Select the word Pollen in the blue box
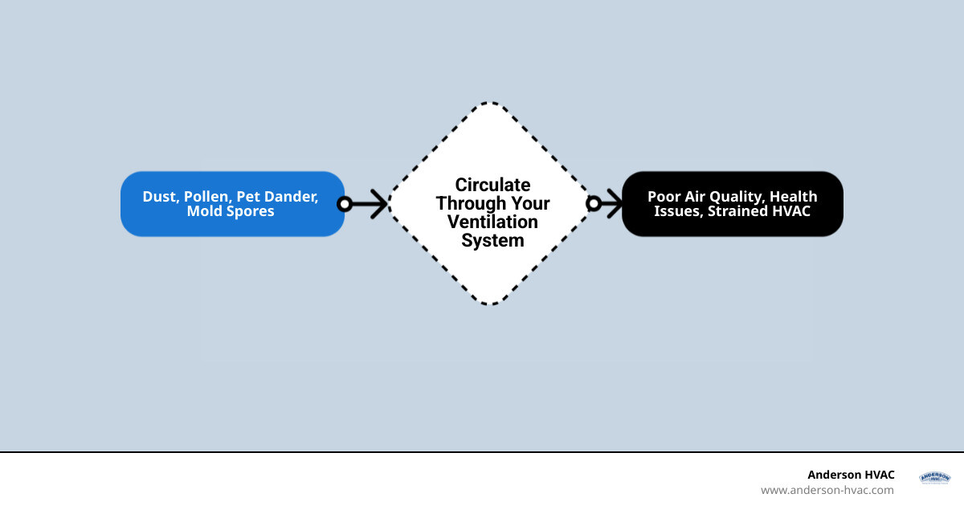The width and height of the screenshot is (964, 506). [208, 197]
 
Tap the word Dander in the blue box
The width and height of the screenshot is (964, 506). [294, 197]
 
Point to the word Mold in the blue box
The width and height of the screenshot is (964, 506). [205, 211]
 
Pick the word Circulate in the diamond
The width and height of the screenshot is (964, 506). [492, 186]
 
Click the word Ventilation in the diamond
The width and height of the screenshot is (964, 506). [492, 222]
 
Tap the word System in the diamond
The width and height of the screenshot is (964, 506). [492, 240]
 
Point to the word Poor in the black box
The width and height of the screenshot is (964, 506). [664, 197]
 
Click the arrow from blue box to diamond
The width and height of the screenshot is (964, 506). [370, 204]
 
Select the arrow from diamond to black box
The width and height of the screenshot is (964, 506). [610, 204]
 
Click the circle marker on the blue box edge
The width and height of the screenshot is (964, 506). [345, 204]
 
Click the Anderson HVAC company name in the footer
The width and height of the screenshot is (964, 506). [851, 475]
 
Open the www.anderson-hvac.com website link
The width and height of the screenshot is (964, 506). [827, 490]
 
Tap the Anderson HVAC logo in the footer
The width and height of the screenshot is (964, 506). [934, 478]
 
